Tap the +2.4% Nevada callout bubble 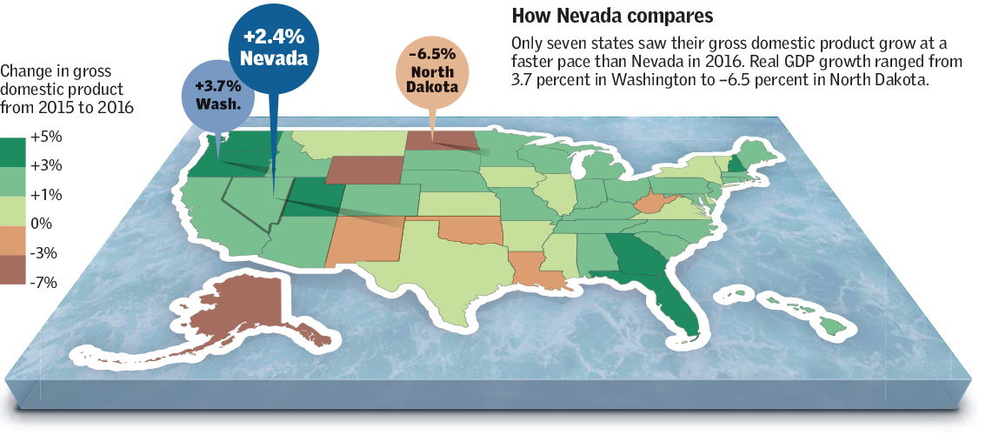pyautogui.click(x=274, y=48)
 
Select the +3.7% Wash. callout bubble pyautogui.click(x=218, y=94)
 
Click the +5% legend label pyautogui.click(x=45, y=137)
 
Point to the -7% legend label pyautogui.click(x=43, y=282)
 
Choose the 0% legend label pyautogui.click(x=41, y=224)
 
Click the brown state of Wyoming pyautogui.click(x=365, y=170)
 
